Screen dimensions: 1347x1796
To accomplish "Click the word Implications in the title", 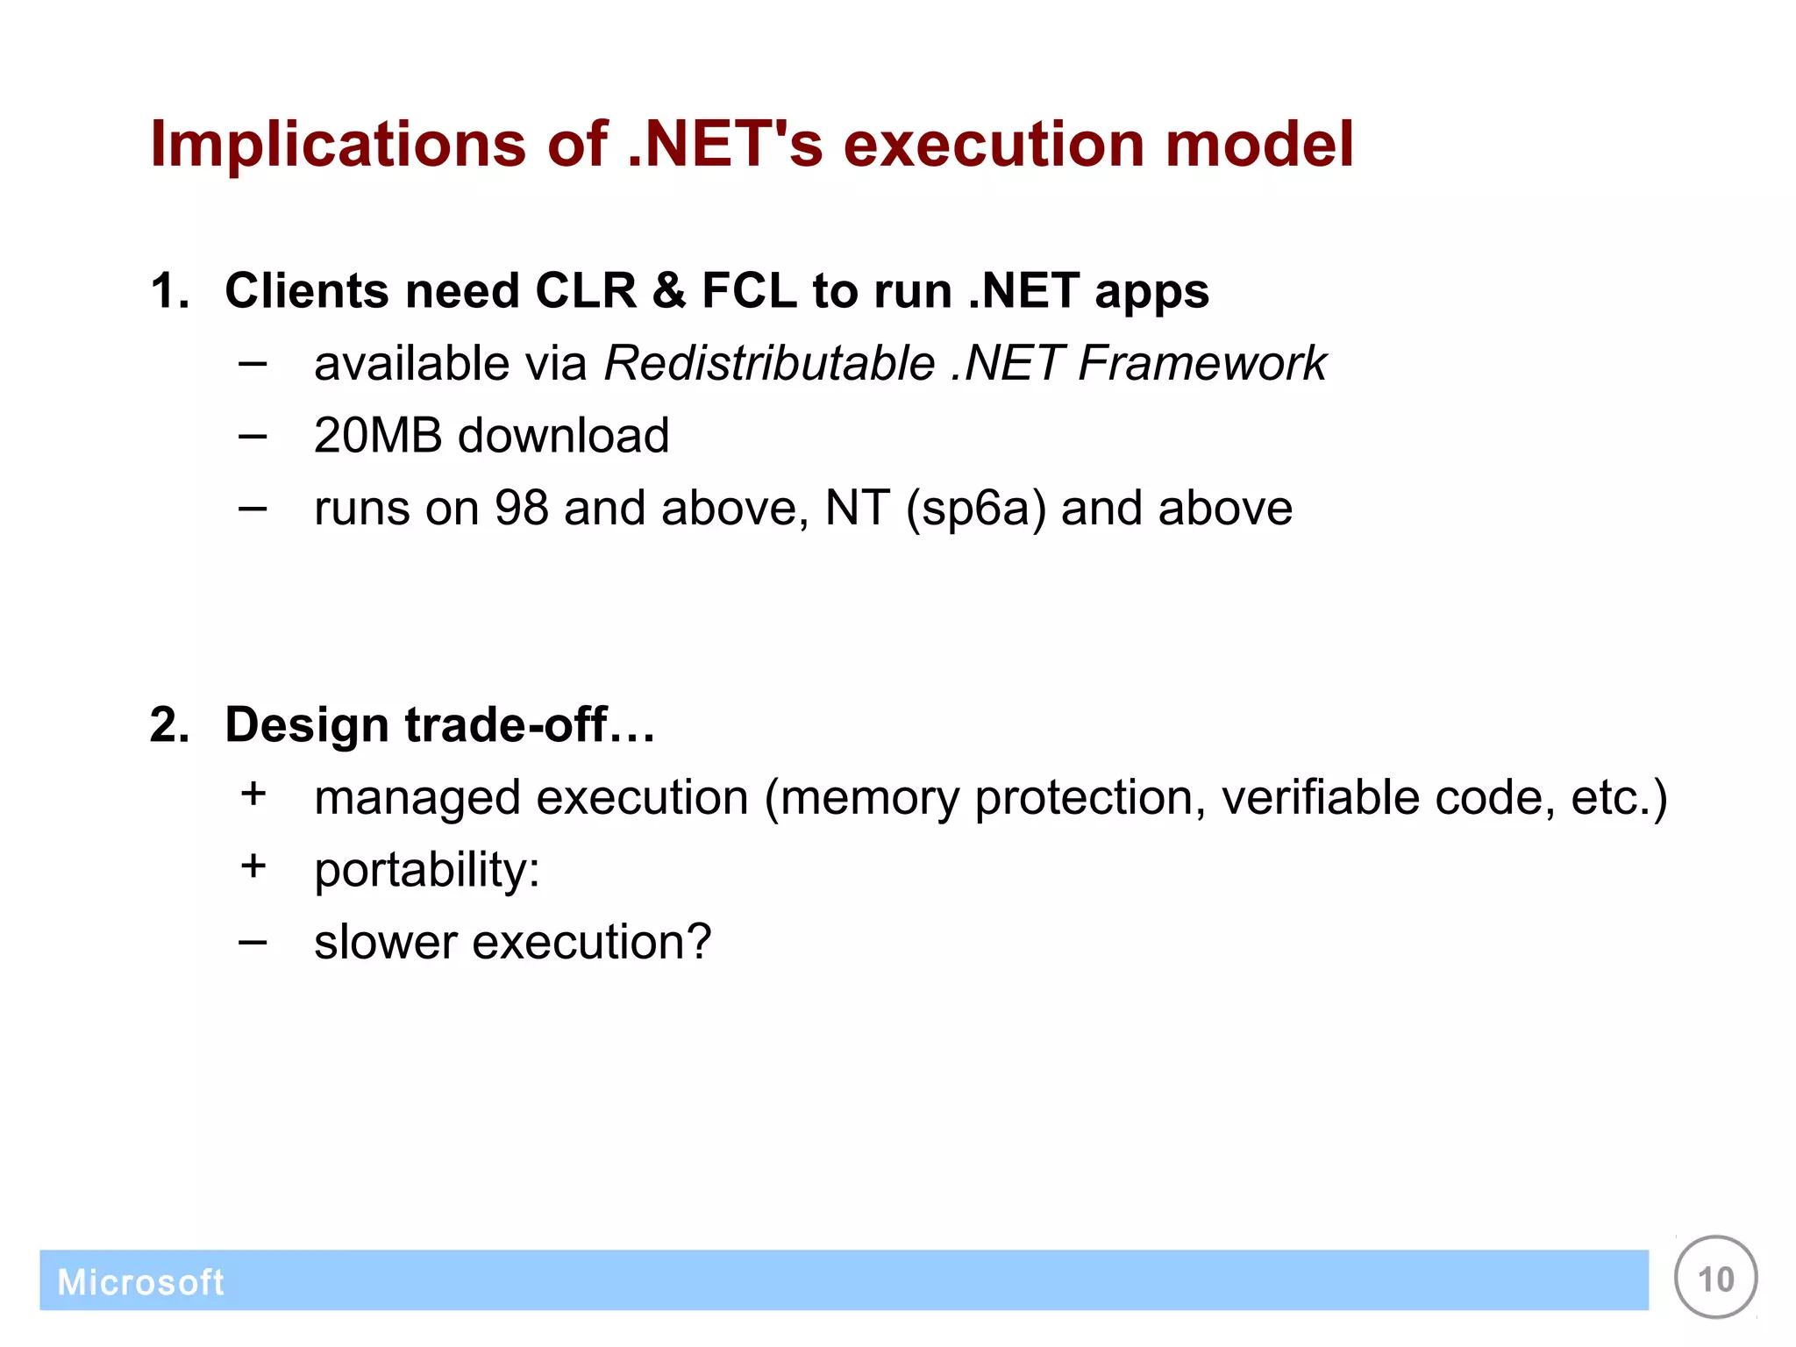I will pos(337,146).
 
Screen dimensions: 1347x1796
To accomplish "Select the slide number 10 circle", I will pos(1715,1278).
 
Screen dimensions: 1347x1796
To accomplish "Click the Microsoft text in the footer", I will pos(140,1282).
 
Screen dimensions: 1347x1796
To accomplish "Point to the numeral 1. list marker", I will pos(169,290).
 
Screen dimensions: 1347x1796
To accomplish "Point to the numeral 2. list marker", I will pos(169,725).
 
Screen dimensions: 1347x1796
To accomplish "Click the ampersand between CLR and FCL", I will pos(668,290).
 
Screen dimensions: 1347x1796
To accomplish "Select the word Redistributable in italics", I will pos(770,363).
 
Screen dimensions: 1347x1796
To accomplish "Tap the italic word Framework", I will pos(1202,363).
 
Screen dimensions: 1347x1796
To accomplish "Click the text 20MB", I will pos(378,435).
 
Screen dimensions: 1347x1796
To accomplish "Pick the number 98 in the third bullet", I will pos(521,508).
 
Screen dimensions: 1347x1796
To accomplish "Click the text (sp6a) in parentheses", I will pos(975,510).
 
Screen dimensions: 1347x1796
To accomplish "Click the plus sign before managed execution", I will pos(253,794).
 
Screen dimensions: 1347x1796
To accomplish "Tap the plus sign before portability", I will pos(253,866).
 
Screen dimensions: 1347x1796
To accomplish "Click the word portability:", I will pos(427,871).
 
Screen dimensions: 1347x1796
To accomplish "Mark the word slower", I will pos(386,942).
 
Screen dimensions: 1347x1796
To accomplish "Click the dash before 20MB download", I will pos(253,435).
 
